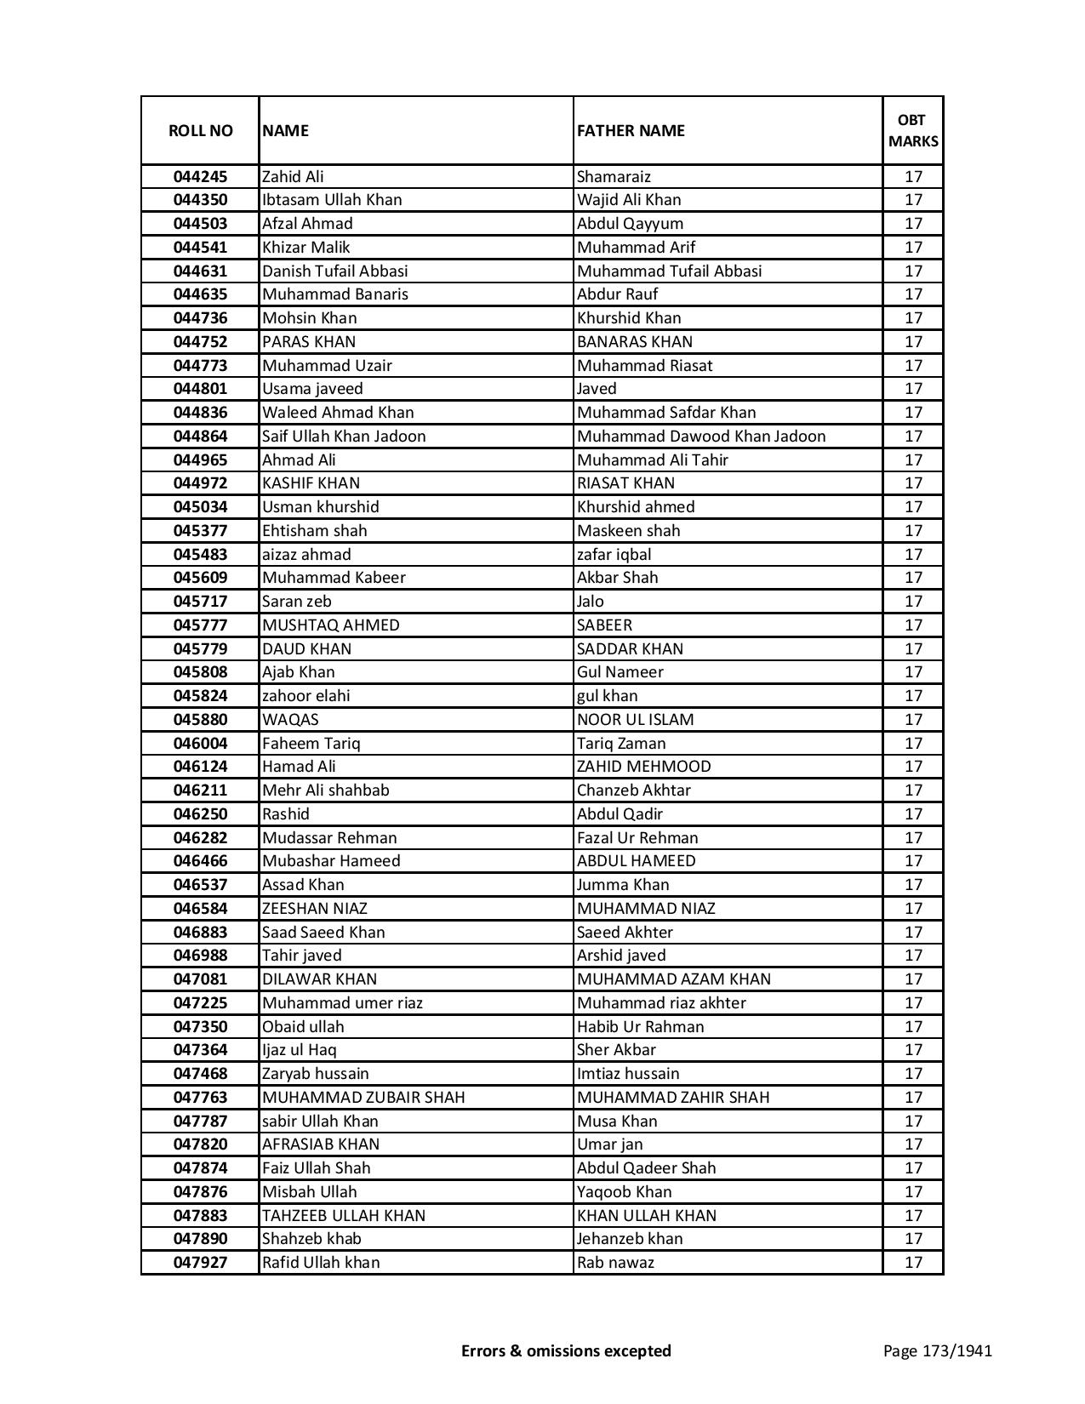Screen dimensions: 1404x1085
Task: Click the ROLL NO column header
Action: [x=200, y=130]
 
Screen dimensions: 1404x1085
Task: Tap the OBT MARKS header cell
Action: [x=913, y=130]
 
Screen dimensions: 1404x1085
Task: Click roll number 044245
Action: [x=200, y=177]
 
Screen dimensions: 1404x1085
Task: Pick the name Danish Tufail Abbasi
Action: [x=335, y=271]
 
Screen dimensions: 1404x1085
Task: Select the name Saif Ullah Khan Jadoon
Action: [x=344, y=437]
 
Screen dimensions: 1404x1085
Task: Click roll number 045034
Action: [x=200, y=507]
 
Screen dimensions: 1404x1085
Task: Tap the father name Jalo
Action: [x=591, y=602]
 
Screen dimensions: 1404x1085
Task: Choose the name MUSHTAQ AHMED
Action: [x=331, y=625]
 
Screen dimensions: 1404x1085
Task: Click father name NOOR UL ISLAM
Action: [x=635, y=720]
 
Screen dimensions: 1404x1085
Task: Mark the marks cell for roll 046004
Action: [x=913, y=744]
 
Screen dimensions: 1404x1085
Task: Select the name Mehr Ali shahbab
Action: [x=326, y=790]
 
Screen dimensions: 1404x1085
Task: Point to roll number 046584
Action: [x=200, y=909]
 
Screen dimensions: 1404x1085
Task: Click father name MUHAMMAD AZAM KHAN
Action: [x=674, y=979]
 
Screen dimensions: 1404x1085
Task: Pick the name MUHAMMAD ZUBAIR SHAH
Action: [x=363, y=1098]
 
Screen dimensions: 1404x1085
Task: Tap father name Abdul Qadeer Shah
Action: [x=647, y=1168]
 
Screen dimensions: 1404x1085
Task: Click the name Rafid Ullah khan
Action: [x=321, y=1263]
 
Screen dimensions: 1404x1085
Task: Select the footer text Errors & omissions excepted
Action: [x=566, y=1350]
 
